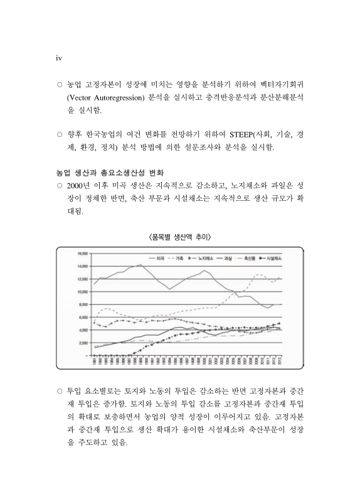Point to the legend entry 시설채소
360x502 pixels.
click(288, 258)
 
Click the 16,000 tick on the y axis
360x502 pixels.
click(82, 254)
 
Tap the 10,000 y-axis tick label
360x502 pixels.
click(82, 292)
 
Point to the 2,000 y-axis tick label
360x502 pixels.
click(83, 343)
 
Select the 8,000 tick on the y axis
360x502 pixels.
click(83, 305)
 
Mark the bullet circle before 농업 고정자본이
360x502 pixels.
click(59, 85)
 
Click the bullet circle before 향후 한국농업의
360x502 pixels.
click(59, 135)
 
